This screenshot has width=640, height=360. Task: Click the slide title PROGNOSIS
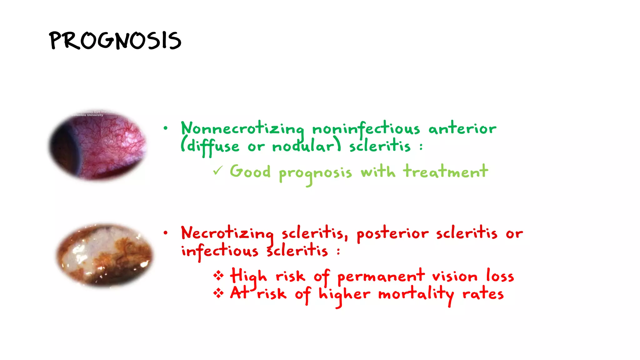(x=115, y=41)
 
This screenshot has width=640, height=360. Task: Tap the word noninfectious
(x=366, y=128)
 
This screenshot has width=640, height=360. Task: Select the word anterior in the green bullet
(x=462, y=128)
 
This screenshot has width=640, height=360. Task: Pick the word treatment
(x=445, y=171)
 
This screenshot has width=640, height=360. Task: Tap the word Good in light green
(x=250, y=171)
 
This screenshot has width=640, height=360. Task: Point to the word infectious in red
(x=220, y=251)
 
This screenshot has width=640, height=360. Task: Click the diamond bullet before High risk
(x=218, y=276)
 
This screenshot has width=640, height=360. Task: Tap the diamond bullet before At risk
(x=218, y=293)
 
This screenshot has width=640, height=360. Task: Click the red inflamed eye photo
(x=98, y=146)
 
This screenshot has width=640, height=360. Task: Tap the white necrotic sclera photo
(x=105, y=254)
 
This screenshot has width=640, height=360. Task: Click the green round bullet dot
(x=165, y=128)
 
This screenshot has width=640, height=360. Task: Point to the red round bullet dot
(x=165, y=232)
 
